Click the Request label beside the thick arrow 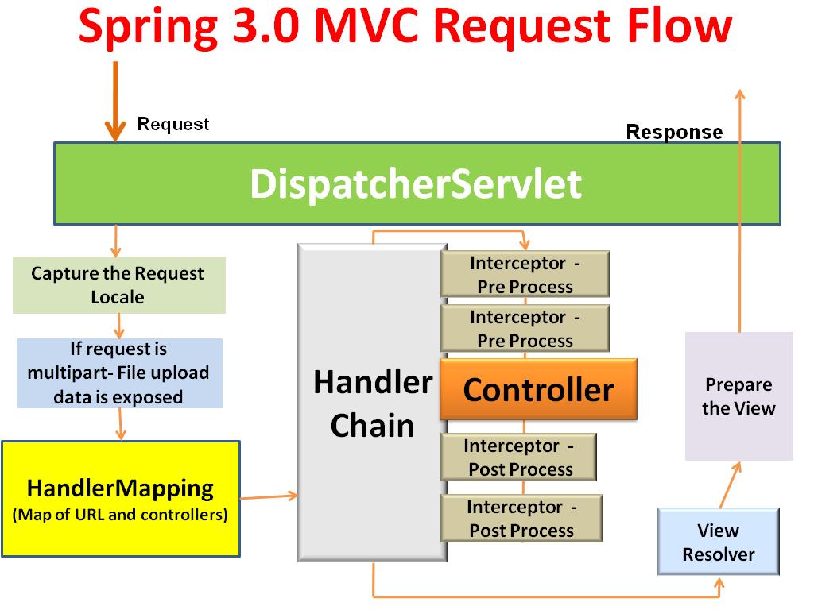click(173, 124)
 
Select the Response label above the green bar click(674, 132)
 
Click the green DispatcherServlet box click(417, 183)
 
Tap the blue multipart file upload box click(118, 373)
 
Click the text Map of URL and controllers click(120, 515)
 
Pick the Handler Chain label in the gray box click(372, 403)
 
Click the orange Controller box click(538, 390)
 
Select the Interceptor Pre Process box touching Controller click(525, 328)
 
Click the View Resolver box click(718, 542)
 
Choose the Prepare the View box click(738, 396)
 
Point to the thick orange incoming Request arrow click(116, 99)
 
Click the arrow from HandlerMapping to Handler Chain click(269, 497)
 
